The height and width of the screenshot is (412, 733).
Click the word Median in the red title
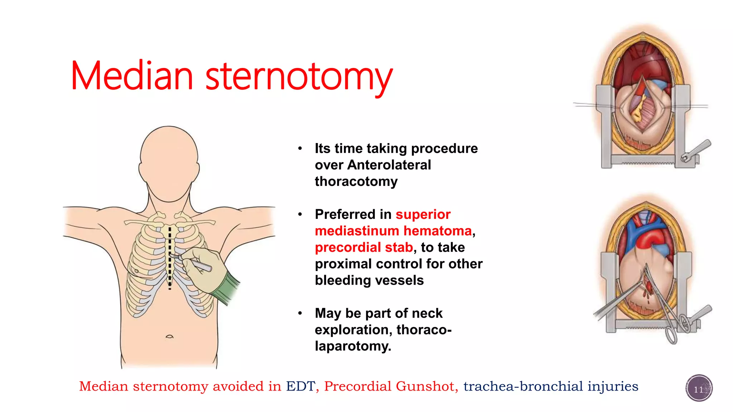pyautogui.click(x=132, y=76)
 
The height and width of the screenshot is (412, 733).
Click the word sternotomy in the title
pyautogui.click(x=299, y=77)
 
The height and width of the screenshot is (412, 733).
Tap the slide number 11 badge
pyautogui.click(x=699, y=388)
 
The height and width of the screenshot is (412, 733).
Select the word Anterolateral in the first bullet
pyautogui.click(x=389, y=165)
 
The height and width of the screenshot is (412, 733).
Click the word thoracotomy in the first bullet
pyautogui.click(x=356, y=182)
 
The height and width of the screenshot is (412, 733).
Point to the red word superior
pyautogui.click(x=423, y=214)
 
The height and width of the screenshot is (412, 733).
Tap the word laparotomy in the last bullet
pyautogui.click(x=353, y=346)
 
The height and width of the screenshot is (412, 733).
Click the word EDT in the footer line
pyautogui.click(x=300, y=386)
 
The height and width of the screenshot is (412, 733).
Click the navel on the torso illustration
pyautogui.click(x=169, y=337)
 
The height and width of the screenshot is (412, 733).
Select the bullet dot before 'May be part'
pyautogui.click(x=300, y=313)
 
